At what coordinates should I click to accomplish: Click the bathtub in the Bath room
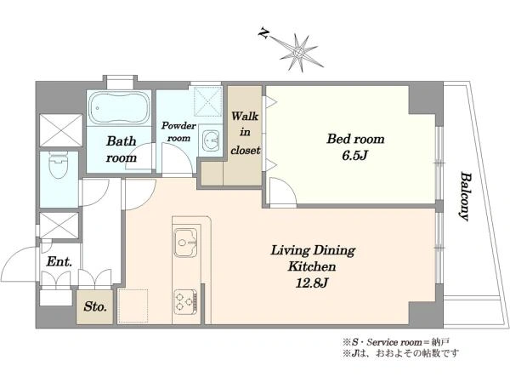119,108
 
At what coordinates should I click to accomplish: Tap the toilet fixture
58,165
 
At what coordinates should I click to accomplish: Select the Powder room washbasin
211,140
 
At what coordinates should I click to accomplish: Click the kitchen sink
185,243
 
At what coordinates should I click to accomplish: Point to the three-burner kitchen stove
185,301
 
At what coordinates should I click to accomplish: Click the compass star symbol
297,53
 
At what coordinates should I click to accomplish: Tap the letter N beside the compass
263,33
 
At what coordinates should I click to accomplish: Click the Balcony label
465,197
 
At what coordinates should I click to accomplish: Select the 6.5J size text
354,156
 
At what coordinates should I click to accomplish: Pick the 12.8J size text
311,283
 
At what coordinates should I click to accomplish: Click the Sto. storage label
95,306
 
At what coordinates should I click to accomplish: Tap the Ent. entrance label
59,261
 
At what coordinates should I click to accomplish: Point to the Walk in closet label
246,133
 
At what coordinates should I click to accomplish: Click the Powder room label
178,132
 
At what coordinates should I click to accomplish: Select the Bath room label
122,150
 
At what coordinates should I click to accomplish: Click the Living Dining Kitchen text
313,259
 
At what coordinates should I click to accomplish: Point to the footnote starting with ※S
395,342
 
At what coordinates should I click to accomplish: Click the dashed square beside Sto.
133,306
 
